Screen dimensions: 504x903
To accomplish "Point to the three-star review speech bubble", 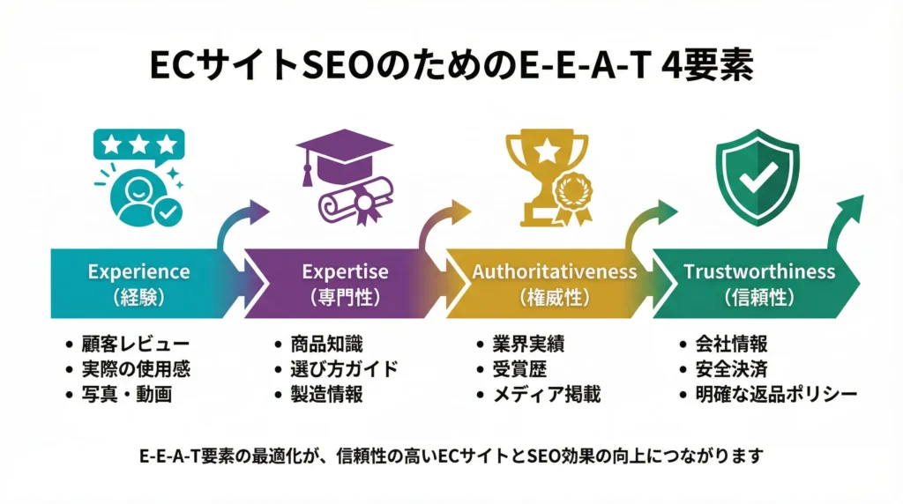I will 138,145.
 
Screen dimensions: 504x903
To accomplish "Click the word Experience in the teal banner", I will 138,271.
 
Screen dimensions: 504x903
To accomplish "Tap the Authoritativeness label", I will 554,271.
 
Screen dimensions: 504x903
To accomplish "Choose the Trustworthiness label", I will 759,271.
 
